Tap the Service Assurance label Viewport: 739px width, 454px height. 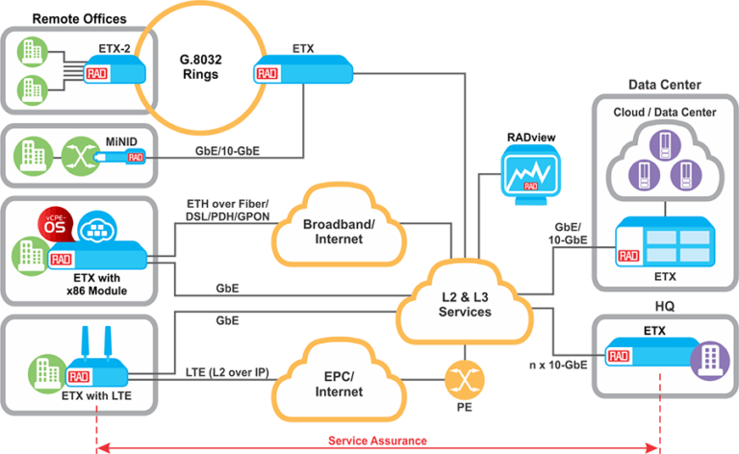(377, 441)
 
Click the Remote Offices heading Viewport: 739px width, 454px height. (79, 18)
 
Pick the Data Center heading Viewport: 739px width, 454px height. (664, 85)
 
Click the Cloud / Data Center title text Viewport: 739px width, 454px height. (665, 112)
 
